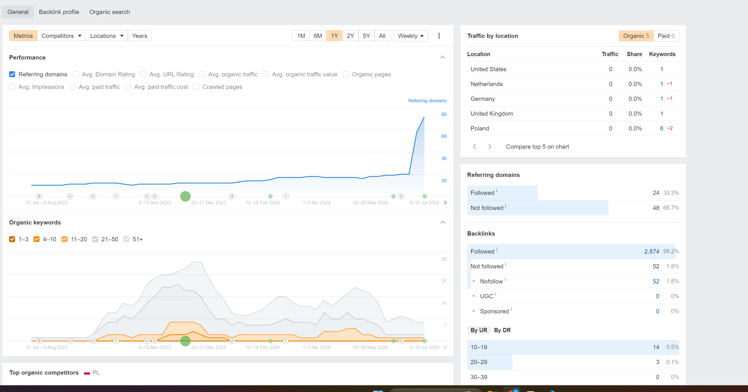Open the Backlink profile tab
(x=59, y=12)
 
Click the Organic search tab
(x=109, y=12)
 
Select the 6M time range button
(x=318, y=36)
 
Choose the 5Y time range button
(x=366, y=36)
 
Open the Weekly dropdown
(x=410, y=36)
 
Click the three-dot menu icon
(x=439, y=36)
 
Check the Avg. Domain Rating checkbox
(x=76, y=74)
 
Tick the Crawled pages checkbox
(x=196, y=87)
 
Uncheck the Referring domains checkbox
(x=12, y=74)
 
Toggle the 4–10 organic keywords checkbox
(x=36, y=239)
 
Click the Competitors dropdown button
(x=61, y=36)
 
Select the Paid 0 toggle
(x=666, y=36)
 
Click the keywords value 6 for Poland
(x=661, y=128)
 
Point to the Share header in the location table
(x=634, y=54)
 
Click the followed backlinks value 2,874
(x=652, y=252)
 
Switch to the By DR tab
(x=502, y=330)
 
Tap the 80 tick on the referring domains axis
(x=444, y=114)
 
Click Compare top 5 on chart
(x=537, y=147)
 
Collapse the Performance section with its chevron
(x=443, y=57)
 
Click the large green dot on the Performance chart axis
(x=185, y=196)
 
